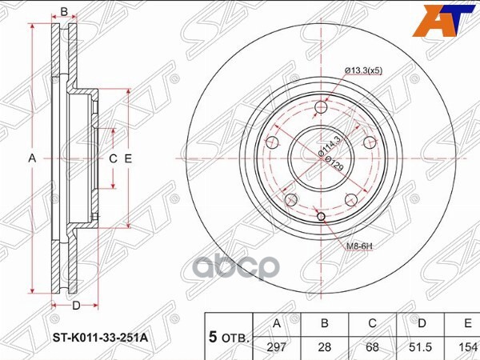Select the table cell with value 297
(277, 346)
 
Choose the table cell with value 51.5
(422, 346)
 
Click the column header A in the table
(277, 324)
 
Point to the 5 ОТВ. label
(229, 336)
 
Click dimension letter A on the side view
(33, 159)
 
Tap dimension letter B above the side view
(64, 12)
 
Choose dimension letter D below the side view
(75, 306)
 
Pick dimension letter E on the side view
(128, 159)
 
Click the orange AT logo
(442, 20)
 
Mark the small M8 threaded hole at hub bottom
(321, 217)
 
